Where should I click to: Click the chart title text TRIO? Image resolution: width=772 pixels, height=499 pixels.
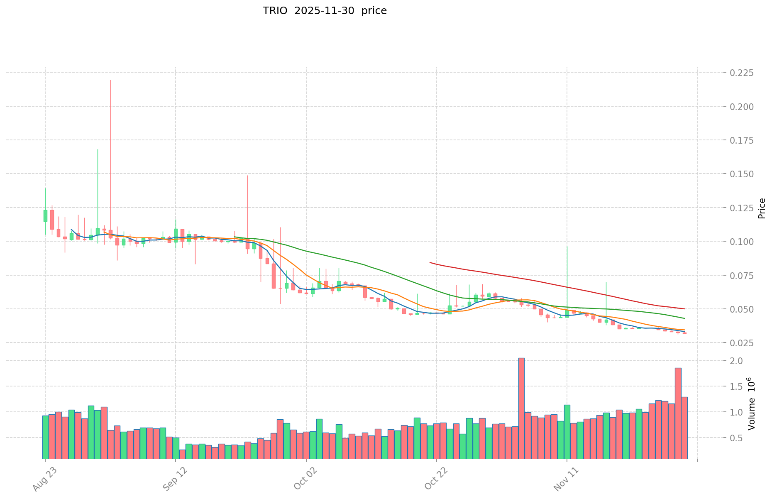(x=275, y=11)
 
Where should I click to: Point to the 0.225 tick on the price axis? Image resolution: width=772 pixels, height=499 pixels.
(x=742, y=73)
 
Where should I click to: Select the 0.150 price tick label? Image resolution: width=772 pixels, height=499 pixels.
(x=742, y=174)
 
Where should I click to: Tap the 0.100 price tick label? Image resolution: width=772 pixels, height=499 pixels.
(x=742, y=242)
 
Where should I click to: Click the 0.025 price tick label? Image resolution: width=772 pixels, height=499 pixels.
(x=742, y=343)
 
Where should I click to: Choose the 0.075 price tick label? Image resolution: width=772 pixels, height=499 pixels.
(x=742, y=276)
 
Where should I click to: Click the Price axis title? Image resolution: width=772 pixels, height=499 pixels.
(x=762, y=208)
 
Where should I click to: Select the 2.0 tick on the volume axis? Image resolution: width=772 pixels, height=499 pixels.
(x=737, y=361)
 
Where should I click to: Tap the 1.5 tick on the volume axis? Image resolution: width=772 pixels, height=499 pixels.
(x=737, y=387)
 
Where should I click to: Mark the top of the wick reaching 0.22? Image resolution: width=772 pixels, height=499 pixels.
(x=110, y=81)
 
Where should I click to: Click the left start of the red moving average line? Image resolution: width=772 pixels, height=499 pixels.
(x=430, y=262)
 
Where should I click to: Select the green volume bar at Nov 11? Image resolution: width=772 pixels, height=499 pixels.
(x=567, y=432)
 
